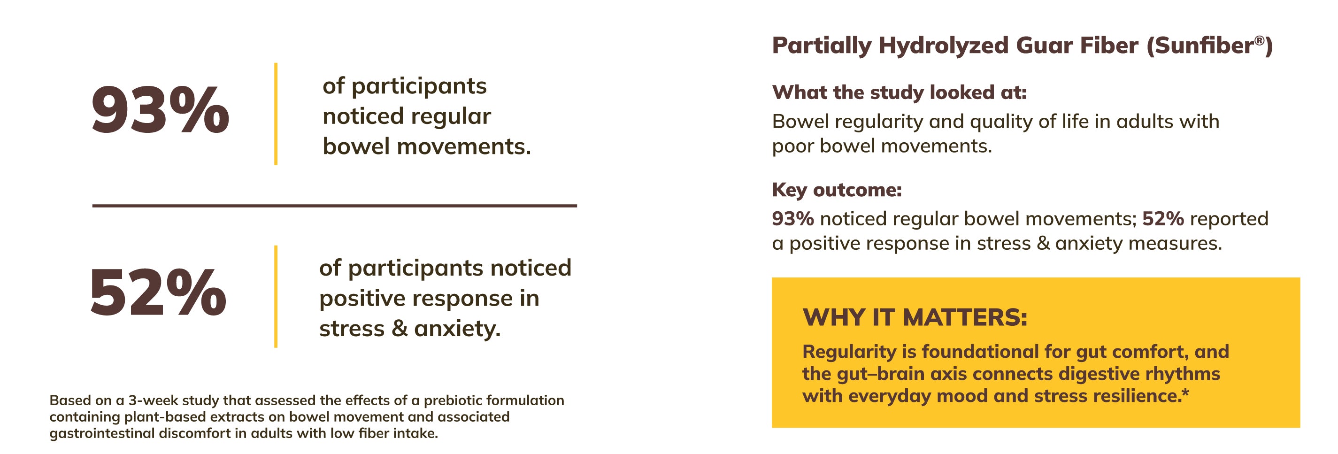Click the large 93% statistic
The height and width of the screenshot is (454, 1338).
[x=161, y=110]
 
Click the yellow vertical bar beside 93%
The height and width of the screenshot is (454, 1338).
[x=276, y=114]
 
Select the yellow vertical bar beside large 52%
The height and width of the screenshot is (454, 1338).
[x=276, y=296]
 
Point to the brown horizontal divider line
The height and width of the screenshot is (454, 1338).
[x=334, y=206]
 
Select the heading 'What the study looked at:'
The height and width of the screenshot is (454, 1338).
[x=899, y=92]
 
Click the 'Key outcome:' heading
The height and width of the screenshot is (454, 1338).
[x=837, y=190]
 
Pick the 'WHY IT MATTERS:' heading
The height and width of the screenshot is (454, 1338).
[x=915, y=317]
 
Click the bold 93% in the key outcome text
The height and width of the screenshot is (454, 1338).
[x=792, y=219]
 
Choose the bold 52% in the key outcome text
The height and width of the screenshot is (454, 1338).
[x=1163, y=219]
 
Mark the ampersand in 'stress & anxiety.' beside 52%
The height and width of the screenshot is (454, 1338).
[x=400, y=328]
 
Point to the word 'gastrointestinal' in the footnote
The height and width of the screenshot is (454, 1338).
[x=102, y=434]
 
